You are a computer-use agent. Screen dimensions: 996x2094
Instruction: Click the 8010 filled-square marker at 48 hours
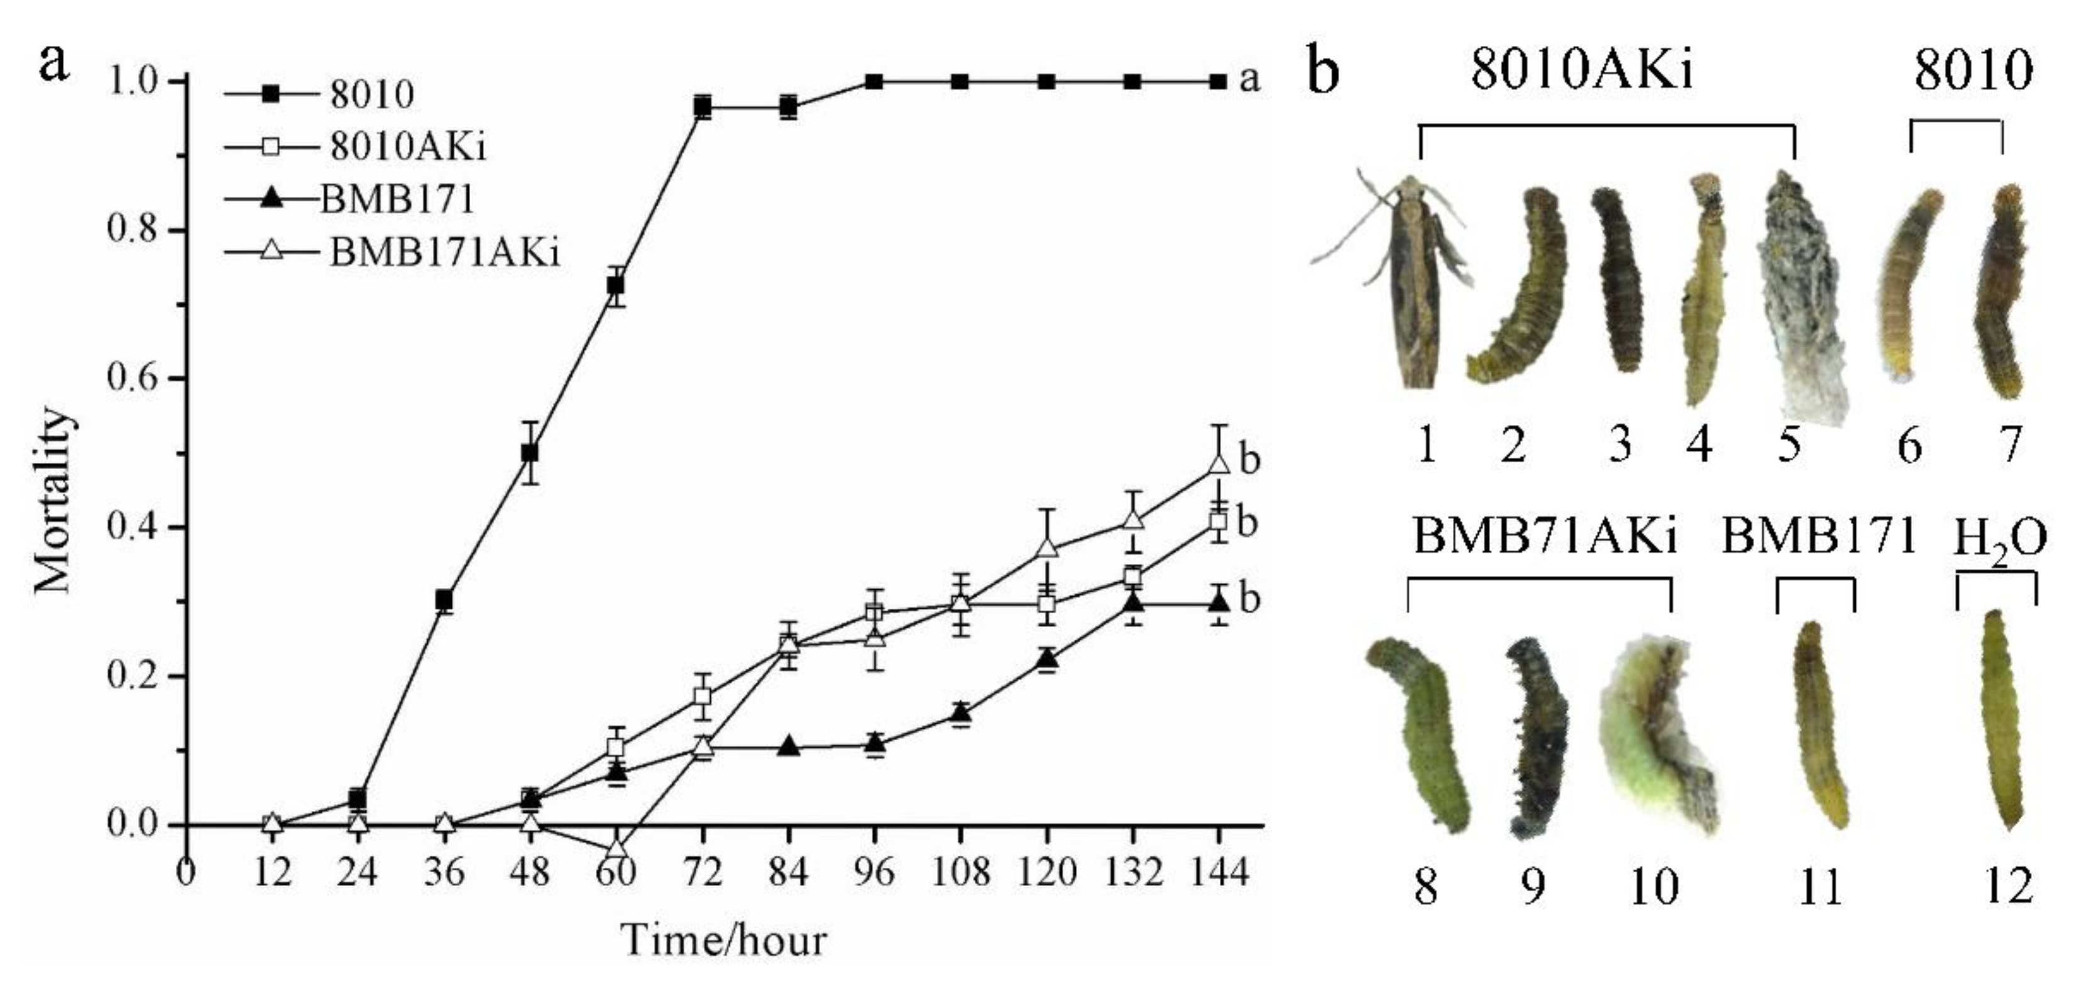click(530, 452)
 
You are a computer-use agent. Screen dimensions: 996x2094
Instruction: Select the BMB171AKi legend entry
click(444, 253)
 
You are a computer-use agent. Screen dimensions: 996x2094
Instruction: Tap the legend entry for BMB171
click(396, 200)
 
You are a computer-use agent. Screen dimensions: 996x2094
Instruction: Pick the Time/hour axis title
click(724, 941)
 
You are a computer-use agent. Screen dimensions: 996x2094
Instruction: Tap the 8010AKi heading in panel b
click(1582, 72)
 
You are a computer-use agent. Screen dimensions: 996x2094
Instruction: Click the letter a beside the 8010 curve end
click(1249, 80)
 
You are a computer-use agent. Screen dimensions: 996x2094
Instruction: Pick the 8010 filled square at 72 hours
click(703, 106)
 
